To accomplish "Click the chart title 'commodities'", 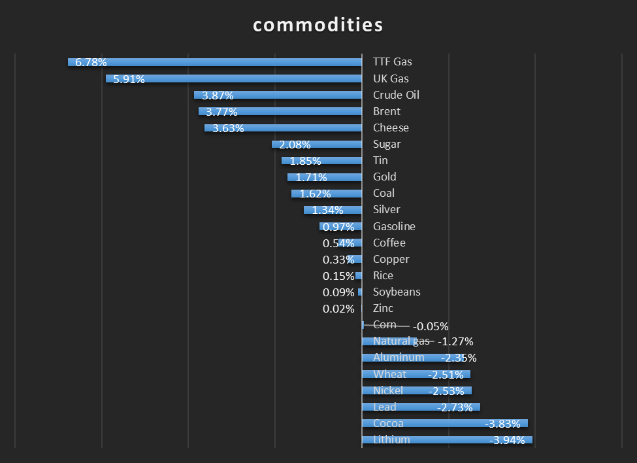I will coord(318,25).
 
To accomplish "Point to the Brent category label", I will coord(386,111).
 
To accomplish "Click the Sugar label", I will coord(387,144).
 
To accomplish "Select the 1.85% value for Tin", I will coord(306,161).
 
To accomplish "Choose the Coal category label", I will coord(384,193).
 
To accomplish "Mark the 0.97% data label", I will coord(338,227).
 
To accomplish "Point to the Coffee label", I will coord(389,243).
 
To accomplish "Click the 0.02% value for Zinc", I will coord(338,309).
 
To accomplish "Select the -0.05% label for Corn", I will coord(431,326).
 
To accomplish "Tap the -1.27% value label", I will coord(455,341).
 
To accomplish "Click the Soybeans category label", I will coord(397,292).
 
